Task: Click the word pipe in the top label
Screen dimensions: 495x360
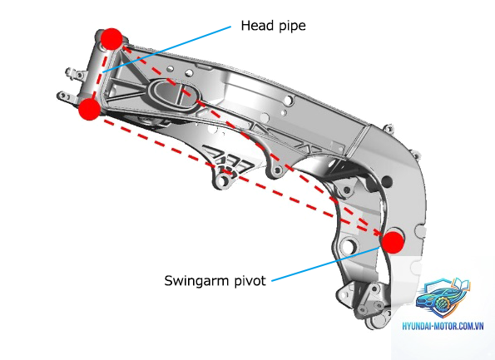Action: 292,27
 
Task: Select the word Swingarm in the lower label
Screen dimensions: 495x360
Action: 196,281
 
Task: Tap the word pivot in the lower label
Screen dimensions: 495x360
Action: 250,280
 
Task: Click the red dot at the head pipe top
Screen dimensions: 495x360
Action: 111,39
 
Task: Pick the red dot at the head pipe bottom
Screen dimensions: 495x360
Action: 89,109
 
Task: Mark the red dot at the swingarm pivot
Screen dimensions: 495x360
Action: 393,242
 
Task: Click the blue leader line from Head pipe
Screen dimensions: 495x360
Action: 167,50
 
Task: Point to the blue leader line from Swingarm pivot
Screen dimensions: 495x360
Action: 325,264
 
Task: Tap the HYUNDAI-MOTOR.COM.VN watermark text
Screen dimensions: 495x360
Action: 443,326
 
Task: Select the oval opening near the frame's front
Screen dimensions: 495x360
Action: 172,94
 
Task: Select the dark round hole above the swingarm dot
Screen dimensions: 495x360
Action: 386,181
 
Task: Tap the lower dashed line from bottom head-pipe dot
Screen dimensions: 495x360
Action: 240,178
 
